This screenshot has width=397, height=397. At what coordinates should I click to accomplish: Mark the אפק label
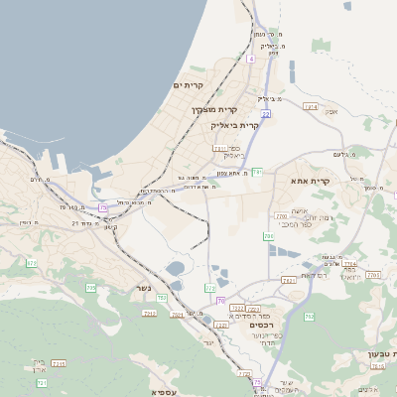[x=331, y=111]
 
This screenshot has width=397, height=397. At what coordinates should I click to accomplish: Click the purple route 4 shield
[x=251, y=60]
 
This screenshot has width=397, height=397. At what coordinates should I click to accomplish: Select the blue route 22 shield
[x=266, y=114]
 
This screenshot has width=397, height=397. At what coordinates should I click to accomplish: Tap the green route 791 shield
[x=257, y=172]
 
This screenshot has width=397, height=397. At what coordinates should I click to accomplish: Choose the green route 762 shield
[x=309, y=317]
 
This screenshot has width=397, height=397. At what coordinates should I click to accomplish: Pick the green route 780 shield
[x=269, y=236]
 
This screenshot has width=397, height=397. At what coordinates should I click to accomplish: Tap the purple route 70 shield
[x=220, y=300]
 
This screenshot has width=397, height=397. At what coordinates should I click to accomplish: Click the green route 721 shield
[x=42, y=382]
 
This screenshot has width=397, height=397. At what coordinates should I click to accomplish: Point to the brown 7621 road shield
[x=288, y=281]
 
